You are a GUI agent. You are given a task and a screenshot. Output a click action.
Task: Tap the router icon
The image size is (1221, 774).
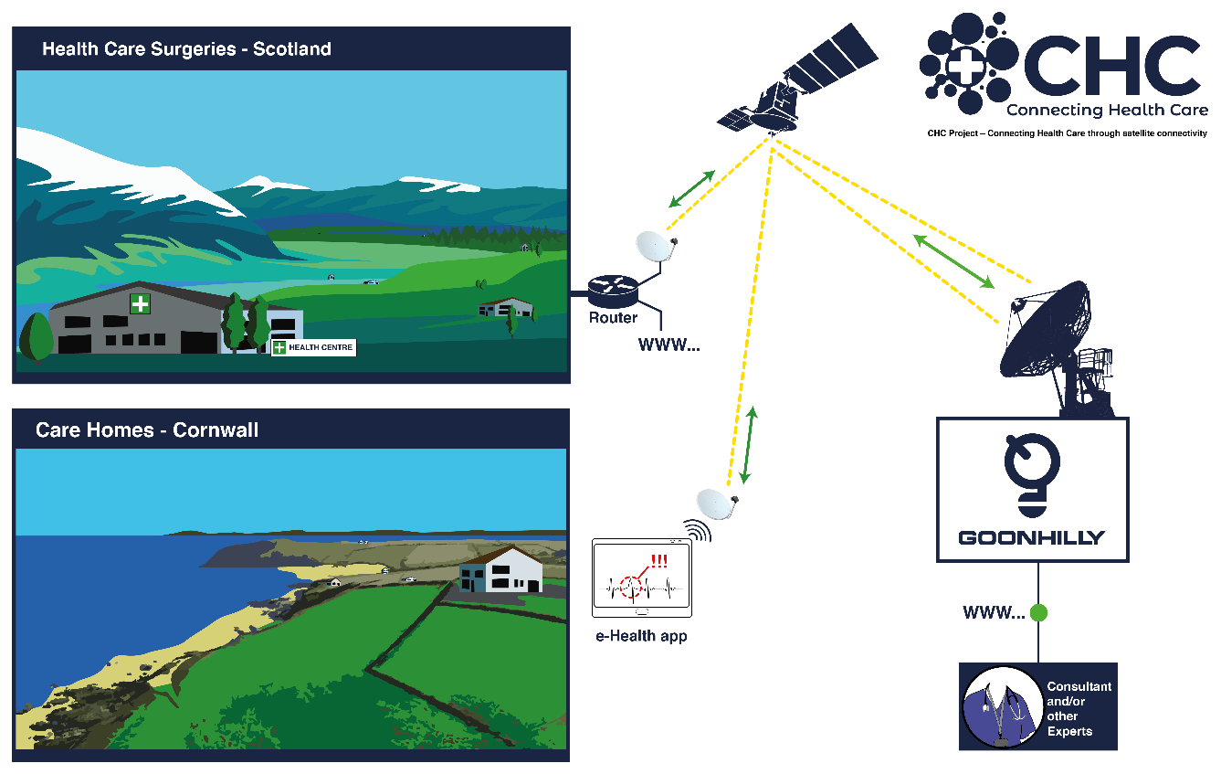point(613,291)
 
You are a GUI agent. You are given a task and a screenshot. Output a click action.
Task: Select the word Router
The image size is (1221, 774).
point(613,317)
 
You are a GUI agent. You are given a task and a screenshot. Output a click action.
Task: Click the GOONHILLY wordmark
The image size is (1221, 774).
point(1031,538)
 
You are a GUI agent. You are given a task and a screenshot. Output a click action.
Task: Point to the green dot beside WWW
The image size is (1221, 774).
point(1038,612)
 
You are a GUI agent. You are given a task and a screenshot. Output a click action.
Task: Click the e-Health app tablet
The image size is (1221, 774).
point(642,578)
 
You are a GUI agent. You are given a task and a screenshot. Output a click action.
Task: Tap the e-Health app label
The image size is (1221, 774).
point(641,636)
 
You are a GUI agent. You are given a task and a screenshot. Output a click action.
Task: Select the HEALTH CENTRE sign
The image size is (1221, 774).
point(314,347)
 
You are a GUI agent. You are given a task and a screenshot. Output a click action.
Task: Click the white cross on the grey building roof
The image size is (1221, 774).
point(140,303)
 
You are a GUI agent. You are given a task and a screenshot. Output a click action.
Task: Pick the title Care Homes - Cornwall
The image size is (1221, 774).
point(147,429)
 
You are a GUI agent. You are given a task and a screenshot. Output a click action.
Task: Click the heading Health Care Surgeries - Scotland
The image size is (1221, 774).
point(186,49)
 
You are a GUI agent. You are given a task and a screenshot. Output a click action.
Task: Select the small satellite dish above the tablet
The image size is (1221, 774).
point(716,504)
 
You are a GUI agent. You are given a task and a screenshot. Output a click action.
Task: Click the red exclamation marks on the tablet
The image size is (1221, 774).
point(659,561)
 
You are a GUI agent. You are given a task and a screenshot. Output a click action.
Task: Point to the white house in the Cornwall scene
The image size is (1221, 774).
point(501,569)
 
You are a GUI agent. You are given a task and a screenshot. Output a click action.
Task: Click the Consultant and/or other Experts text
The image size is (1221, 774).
point(1079,708)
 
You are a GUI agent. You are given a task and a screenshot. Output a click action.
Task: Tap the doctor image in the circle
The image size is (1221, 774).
point(1002,707)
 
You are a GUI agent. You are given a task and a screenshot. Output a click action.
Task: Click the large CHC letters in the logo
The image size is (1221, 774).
point(1112,66)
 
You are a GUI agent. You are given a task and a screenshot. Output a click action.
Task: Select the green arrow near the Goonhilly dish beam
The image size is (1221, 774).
point(953,262)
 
